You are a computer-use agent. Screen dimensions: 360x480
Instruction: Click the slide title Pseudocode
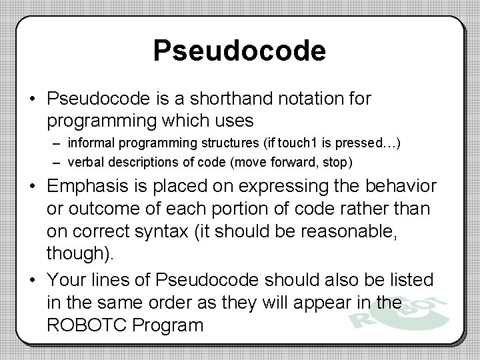(239, 51)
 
